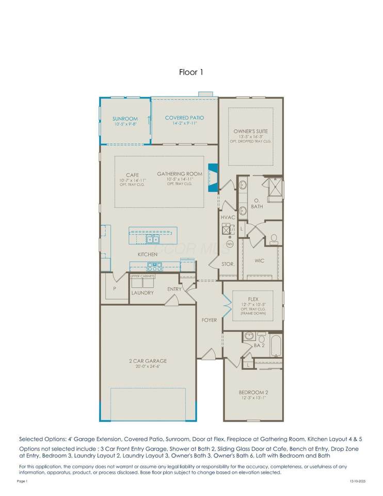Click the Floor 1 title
(191, 72)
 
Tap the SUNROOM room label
(125, 119)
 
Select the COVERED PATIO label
(184, 118)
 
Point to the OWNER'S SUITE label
(251, 132)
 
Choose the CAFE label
(133, 175)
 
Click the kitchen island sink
(152, 239)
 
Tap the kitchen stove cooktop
(155, 267)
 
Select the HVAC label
(228, 218)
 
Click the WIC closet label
(259, 260)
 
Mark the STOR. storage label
(228, 263)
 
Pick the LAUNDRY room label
(142, 292)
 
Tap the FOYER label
(209, 320)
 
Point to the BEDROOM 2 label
(253, 392)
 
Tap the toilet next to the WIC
(274, 239)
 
